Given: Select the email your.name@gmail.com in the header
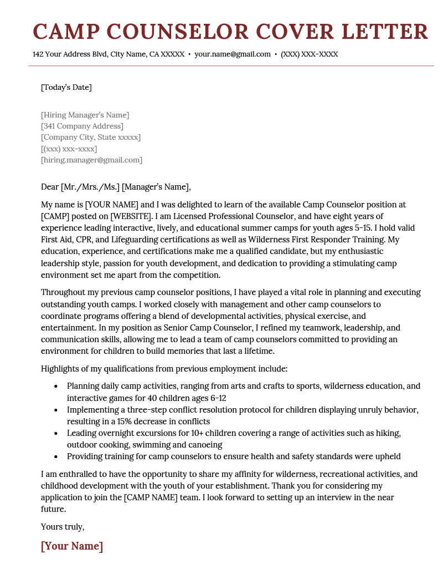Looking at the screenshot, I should (x=233, y=54).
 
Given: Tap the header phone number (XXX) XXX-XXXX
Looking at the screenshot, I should (x=309, y=54).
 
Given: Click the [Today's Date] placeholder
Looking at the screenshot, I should (x=66, y=87).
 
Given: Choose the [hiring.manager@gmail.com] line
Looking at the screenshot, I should (x=91, y=160).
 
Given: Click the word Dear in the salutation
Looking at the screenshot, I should (x=50, y=186).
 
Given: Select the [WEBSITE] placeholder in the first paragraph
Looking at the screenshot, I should (x=132, y=216).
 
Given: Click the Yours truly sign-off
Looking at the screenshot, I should (x=63, y=526).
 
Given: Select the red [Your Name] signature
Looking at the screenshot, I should (x=72, y=546).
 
